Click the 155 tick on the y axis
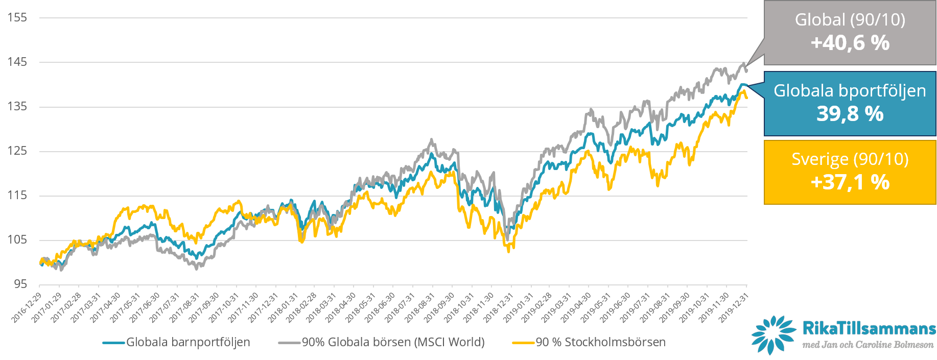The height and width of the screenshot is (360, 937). coord(17,17)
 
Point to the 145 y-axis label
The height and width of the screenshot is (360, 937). coord(17,62)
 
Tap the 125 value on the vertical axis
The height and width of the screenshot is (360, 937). coord(17,151)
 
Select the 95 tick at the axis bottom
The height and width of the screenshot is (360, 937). coord(20,284)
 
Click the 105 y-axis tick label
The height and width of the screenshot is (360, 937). coord(17,239)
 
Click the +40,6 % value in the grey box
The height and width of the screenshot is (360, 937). coord(850,43)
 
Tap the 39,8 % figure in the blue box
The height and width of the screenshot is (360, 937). coord(850,113)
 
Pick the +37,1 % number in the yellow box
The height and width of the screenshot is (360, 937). coord(850,182)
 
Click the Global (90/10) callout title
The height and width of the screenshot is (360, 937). coord(850,20)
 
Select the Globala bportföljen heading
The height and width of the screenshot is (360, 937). coord(850,90)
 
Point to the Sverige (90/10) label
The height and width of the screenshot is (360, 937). coord(850,159)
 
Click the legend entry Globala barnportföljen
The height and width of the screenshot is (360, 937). coord(188,342)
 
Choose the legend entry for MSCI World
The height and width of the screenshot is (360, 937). coord(393,342)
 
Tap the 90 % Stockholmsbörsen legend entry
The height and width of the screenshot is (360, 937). coord(600,342)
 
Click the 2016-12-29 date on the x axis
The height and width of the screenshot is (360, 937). coord(27,308)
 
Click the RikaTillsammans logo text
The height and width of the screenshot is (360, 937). coord(869,328)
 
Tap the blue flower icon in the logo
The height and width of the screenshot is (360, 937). coord(773,334)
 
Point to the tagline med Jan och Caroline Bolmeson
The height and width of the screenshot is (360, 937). coord(868,345)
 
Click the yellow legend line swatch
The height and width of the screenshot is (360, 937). coord(523,343)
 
